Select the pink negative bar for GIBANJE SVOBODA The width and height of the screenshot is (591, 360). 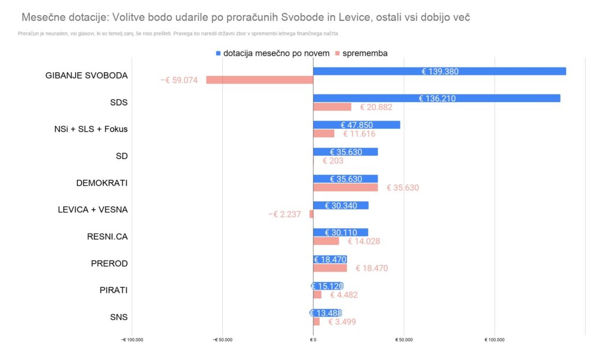(260, 80)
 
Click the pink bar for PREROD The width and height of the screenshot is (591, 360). (330, 268)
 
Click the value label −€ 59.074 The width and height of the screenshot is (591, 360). (179, 80)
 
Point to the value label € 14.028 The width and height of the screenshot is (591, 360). (364, 241)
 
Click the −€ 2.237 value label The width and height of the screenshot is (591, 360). (285, 214)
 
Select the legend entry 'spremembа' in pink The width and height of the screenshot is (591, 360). (364, 53)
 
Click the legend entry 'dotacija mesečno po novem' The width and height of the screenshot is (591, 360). (276, 53)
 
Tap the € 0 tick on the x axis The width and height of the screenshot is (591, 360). (313, 340)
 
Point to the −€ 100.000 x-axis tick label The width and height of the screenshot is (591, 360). (132, 340)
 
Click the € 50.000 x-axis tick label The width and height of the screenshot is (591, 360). (404, 340)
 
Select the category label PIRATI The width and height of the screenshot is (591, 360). (114, 290)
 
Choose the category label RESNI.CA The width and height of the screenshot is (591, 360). (107, 237)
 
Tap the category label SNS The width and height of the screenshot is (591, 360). (118, 317)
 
